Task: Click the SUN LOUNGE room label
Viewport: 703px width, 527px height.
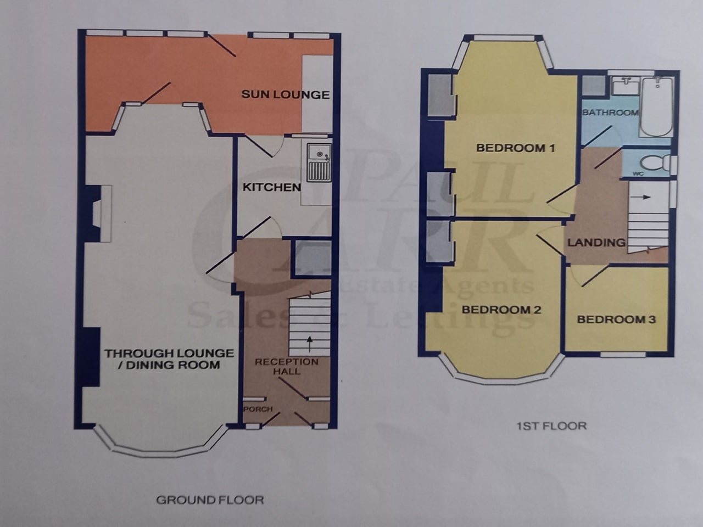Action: (285, 94)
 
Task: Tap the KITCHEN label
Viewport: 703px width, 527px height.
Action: (272, 187)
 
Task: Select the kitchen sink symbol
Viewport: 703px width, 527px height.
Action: (319, 162)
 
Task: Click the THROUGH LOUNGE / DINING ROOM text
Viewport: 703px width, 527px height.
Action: (170, 359)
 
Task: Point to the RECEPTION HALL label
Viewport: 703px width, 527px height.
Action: (286, 366)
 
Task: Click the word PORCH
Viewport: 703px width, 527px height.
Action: (258, 409)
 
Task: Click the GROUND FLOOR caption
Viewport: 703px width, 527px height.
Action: (210, 500)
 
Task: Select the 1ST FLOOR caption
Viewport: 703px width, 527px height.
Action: (551, 425)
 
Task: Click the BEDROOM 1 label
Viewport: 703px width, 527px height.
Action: (515, 148)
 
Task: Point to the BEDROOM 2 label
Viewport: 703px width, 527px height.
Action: (501, 310)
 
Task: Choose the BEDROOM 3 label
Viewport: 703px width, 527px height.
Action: (616, 319)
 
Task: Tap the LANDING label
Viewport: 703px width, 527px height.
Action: (596, 242)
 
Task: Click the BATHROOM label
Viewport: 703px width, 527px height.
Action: (610, 113)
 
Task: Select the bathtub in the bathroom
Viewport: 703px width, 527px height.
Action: (656, 107)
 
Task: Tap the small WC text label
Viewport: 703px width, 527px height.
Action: (638, 173)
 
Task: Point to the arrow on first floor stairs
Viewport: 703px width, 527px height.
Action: (643, 196)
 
